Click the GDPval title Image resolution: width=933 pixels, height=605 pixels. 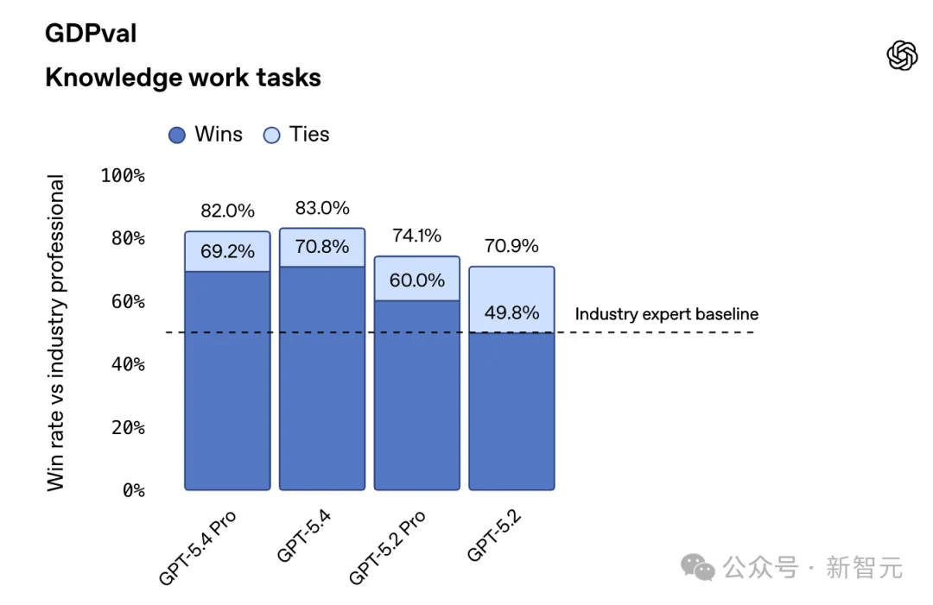pyautogui.click(x=91, y=34)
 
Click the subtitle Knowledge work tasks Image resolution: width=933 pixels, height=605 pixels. pyautogui.click(x=182, y=78)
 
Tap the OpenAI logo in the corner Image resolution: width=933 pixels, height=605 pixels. pyautogui.click(x=901, y=56)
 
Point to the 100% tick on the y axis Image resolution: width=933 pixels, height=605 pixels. pyautogui.click(x=123, y=175)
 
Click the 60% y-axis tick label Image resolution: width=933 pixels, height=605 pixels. pyautogui.click(x=127, y=301)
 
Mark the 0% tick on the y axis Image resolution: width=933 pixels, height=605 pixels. pyautogui.click(x=132, y=490)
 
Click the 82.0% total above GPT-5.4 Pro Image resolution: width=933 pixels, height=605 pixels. pyautogui.click(x=227, y=211)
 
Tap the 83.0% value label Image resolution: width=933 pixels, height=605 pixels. pyautogui.click(x=322, y=208)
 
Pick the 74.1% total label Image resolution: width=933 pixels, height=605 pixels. pyautogui.click(x=416, y=235)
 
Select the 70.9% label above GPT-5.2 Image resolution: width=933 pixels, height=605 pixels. pyautogui.click(x=511, y=246)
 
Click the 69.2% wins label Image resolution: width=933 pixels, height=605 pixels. pyautogui.click(x=227, y=252)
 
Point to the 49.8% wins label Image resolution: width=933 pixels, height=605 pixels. pyautogui.click(x=511, y=312)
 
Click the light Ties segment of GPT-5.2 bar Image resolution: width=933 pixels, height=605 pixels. pyautogui.click(x=511, y=285)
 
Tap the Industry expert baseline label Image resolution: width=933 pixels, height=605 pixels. pyautogui.click(x=666, y=315)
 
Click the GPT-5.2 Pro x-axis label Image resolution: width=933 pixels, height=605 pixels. pyautogui.click(x=389, y=546)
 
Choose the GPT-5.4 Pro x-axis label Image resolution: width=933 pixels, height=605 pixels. pyautogui.click(x=200, y=546)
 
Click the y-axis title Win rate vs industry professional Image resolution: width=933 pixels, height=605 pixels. pyautogui.click(x=56, y=333)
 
